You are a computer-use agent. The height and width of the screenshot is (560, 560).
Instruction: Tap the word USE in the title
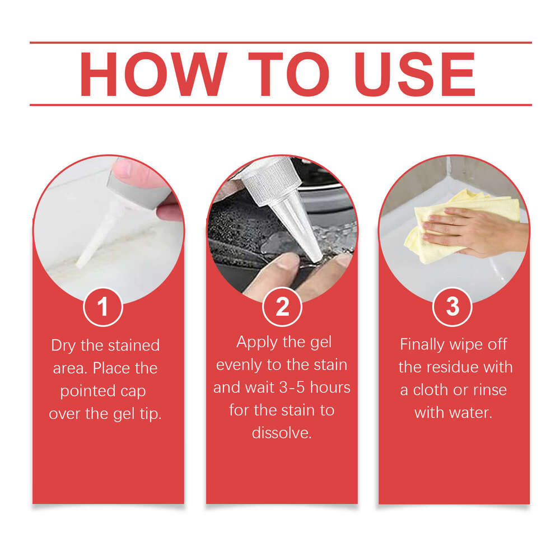pos(416,74)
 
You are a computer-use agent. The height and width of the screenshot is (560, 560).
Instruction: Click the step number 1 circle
pos(102,306)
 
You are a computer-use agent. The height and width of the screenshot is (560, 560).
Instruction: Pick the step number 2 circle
pos(282,306)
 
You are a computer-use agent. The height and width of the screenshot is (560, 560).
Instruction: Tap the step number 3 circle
pos(452,306)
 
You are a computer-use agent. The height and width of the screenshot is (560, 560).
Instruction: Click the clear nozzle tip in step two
pos(300,230)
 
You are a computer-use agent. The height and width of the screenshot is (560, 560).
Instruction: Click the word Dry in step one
pos(63,346)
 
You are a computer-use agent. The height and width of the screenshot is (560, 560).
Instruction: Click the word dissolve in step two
pos(281,433)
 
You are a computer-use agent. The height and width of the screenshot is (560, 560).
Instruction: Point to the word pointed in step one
pos(87,391)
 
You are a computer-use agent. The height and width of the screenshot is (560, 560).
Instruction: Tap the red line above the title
pos(280,43)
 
